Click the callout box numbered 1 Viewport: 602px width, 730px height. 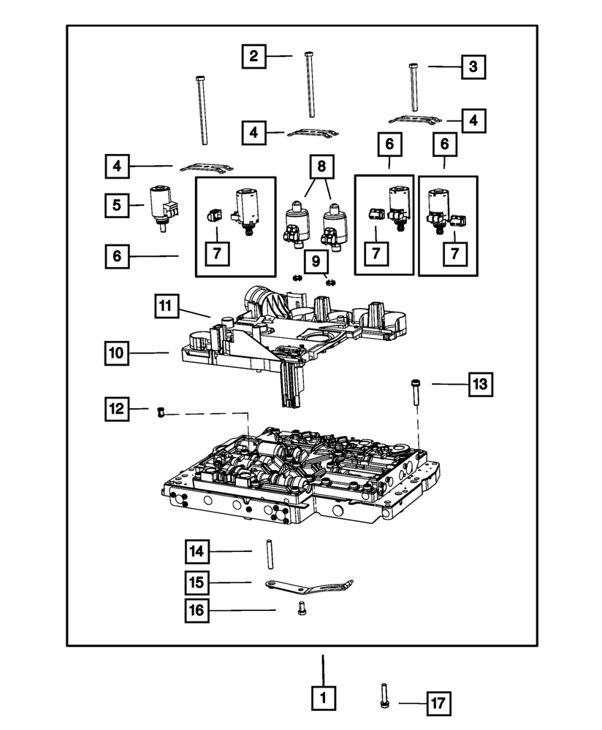[x=323, y=698]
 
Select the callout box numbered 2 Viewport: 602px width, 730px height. [x=254, y=56]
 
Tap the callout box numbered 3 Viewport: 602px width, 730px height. [x=473, y=67]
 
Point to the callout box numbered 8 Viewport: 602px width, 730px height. [x=319, y=166]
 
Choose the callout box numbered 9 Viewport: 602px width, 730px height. [x=317, y=261]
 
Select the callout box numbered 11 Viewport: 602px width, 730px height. [x=167, y=306]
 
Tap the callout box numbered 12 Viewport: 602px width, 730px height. [x=118, y=410]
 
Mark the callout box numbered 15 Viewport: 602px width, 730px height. [x=197, y=583]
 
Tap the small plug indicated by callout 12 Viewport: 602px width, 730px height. [x=161, y=414]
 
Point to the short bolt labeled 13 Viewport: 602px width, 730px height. [x=415, y=396]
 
